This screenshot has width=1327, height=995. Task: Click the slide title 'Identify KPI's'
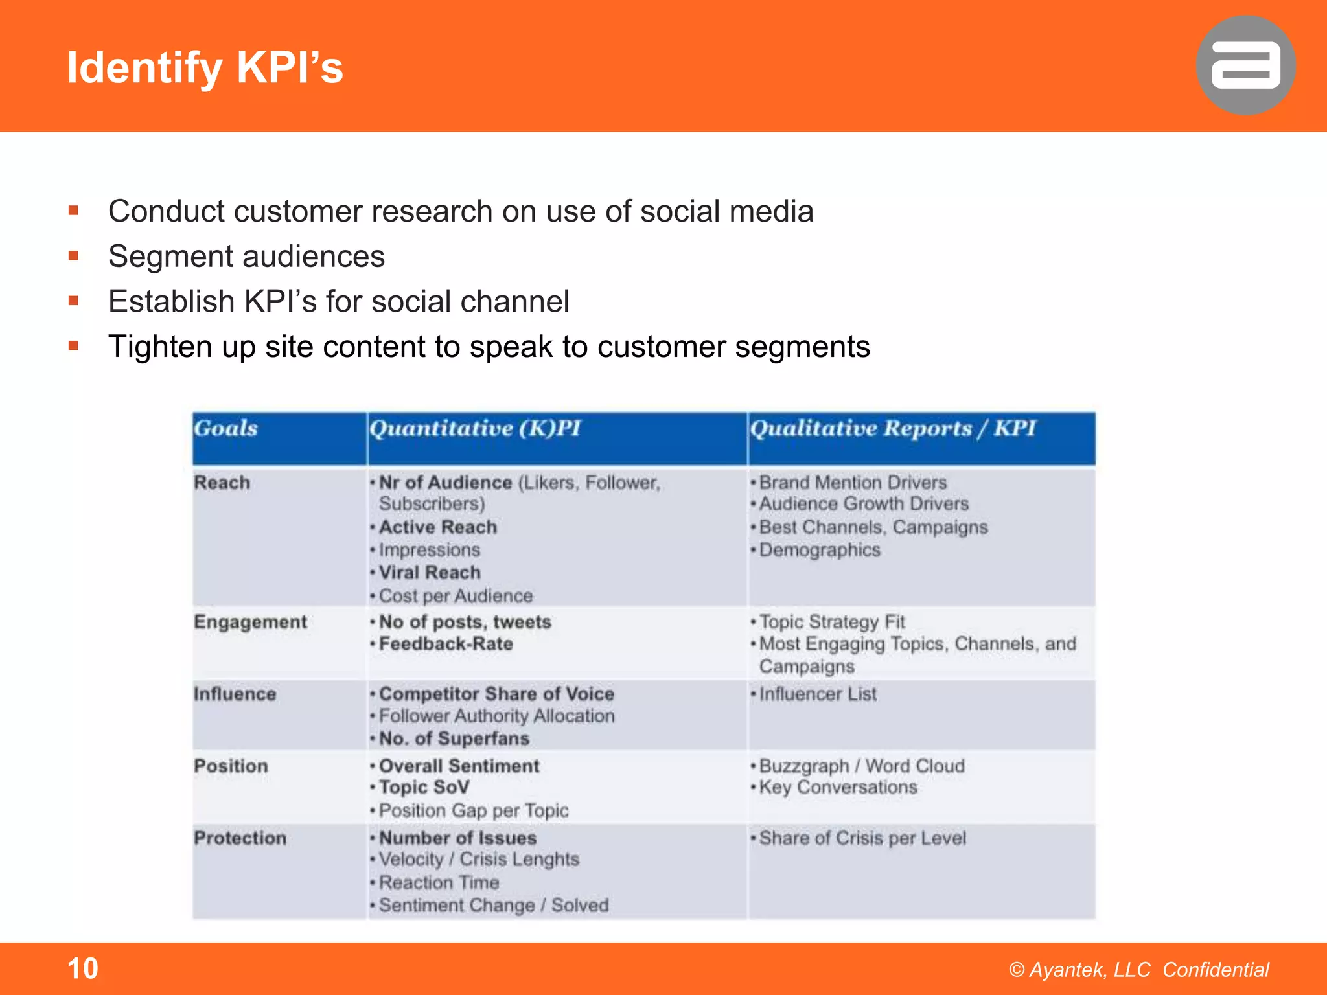205,67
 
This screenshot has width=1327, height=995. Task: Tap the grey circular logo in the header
1245,65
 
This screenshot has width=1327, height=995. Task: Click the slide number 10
83,968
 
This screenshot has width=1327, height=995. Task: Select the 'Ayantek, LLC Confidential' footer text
1138,970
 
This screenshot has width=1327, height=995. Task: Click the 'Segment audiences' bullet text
246,257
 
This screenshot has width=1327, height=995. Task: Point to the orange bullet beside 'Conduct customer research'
74,211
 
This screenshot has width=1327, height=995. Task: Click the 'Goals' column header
226,429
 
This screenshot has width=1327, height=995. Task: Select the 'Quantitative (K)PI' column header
475,429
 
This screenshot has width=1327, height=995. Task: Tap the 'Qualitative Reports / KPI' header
893,429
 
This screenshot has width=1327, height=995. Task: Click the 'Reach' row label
222,483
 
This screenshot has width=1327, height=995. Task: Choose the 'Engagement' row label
251,622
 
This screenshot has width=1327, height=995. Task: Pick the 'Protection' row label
240,838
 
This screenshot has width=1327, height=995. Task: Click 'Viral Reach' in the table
430,573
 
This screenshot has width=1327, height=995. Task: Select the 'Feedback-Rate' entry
446,644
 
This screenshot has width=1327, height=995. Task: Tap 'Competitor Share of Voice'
496,694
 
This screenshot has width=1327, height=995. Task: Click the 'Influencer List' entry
818,694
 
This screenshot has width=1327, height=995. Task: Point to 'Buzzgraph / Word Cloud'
862,766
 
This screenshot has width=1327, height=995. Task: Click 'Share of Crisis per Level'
862,838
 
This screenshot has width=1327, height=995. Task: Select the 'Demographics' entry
820,550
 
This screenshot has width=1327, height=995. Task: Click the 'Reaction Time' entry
439,882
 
